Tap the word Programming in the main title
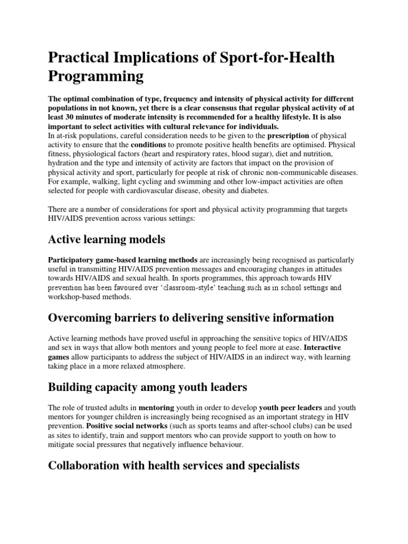(x=96, y=76)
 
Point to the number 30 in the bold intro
(x=70, y=117)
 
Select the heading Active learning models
(x=107, y=240)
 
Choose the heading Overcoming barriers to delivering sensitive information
(x=191, y=318)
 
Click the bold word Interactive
(x=322, y=347)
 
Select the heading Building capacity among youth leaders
(x=148, y=388)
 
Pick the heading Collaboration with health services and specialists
(x=174, y=466)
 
